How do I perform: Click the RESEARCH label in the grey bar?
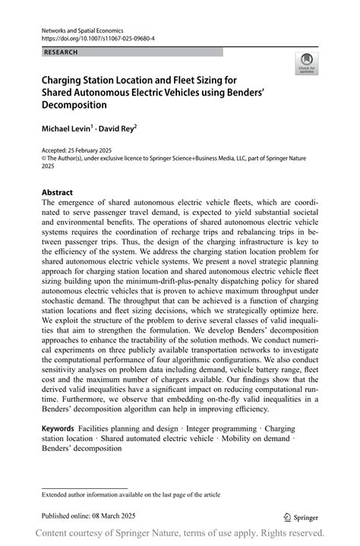point(62,52)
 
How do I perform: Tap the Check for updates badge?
point(307,63)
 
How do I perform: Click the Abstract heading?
point(58,193)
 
